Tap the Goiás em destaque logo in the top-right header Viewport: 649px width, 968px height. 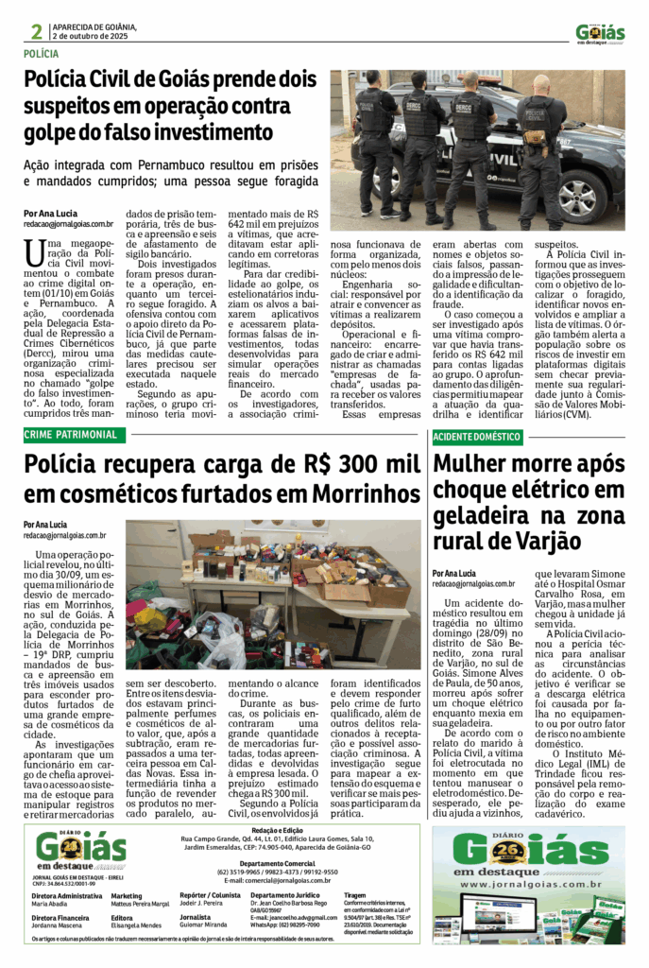point(600,33)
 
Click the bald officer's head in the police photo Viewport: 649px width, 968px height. point(540,83)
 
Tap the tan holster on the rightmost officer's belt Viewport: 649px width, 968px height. point(535,138)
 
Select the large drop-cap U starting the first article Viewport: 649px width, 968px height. point(35,252)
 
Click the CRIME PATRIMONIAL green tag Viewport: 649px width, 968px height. point(73,435)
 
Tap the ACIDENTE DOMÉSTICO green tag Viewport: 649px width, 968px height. point(478,437)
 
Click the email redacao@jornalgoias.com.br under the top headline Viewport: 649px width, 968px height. point(69,225)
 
